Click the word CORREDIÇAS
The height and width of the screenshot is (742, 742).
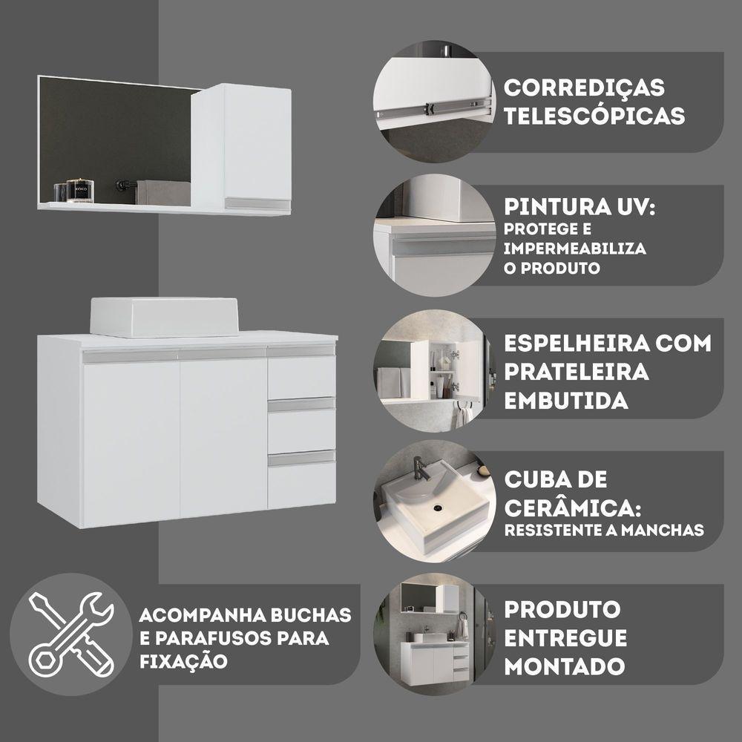pos(584,88)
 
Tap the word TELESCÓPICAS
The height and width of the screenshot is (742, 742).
pos(594,116)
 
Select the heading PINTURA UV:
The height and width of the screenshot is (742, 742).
pos(580,206)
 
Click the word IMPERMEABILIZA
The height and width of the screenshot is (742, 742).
pos(575,249)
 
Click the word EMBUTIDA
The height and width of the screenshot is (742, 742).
pos(565,401)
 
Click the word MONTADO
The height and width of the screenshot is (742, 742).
pos(565,666)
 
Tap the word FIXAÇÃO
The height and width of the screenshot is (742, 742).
pos(183,661)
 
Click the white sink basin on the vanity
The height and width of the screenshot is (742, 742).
pos(164,317)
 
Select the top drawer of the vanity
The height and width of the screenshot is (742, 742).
pos(301,377)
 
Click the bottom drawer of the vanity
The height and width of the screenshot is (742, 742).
pos(301,485)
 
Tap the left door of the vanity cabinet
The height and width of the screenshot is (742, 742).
pos(131,441)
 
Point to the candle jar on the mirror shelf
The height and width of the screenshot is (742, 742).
pos(80,191)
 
